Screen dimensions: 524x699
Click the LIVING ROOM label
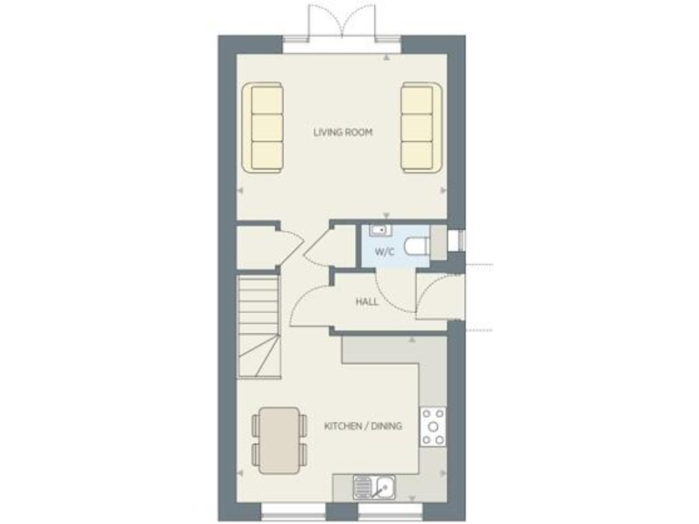(x=343, y=133)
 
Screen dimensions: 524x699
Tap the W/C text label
(x=384, y=252)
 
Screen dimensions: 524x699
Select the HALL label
(x=367, y=301)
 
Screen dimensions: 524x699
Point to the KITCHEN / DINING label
(x=363, y=425)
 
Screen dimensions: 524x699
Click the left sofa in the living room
(x=264, y=127)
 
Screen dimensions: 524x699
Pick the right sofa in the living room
(x=420, y=127)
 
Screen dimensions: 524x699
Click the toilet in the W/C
(x=418, y=247)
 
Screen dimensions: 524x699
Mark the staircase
(x=258, y=327)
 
